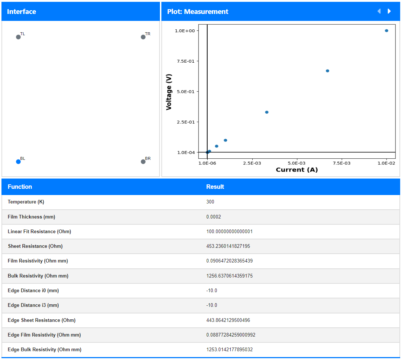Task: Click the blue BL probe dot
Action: pos(18,162)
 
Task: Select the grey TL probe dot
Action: pos(18,37)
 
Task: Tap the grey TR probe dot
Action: pos(143,37)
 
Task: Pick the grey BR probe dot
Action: pos(143,162)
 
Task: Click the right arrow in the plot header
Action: pos(389,11)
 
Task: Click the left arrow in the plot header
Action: pos(379,11)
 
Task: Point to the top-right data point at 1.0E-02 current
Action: pos(386,31)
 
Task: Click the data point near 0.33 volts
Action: pos(267,112)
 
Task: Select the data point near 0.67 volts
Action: pos(328,71)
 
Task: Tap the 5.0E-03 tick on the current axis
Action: pos(297,163)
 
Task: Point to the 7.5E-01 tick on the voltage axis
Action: pos(186,61)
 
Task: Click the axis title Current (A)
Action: pos(297,170)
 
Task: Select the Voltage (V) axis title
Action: pos(169,92)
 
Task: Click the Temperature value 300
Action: pos(210,202)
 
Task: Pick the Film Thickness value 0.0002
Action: pos(213,217)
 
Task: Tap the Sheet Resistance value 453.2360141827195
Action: pos(228,246)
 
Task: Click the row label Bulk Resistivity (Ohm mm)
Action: pos(38,276)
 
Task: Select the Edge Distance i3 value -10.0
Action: pos(212,305)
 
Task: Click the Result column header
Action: pos(215,187)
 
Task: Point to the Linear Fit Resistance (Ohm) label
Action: pos(39,232)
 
